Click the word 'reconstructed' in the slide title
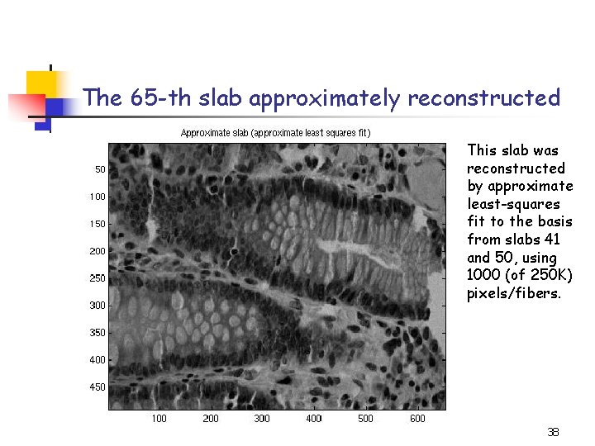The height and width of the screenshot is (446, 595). click(483, 98)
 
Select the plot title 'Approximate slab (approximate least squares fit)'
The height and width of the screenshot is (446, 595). click(276, 132)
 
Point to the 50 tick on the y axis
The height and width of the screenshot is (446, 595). click(99, 169)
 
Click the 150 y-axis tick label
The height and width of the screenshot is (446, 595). click(97, 224)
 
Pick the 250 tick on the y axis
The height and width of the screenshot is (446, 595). click(97, 278)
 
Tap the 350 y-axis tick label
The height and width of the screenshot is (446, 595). click(97, 333)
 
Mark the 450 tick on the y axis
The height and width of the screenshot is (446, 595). click(97, 387)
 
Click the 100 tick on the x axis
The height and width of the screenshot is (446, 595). click(159, 419)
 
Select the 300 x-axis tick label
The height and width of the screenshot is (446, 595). click(262, 419)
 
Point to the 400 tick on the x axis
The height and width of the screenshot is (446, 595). click(314, 419)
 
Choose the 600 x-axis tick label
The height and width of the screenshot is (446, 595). click(417, 419)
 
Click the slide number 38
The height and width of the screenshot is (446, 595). click(554, 432)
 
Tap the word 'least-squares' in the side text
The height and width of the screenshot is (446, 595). click(513, 204)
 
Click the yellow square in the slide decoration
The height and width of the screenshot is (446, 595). click(40, 83)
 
